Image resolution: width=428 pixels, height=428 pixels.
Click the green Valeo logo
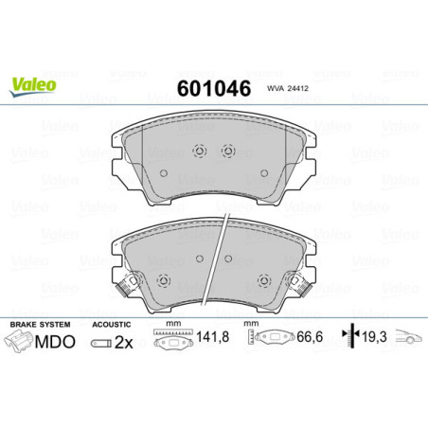click(34, 84)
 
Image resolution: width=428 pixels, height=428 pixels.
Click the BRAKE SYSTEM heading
click(35, 325)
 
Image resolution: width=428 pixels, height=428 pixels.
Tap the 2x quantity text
click(121, 342)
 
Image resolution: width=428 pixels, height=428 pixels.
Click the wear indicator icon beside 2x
click(99, 343)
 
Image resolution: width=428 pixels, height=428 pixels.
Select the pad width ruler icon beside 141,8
click(171, 340)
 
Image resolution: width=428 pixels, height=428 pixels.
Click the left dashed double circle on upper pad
click(199, 151)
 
